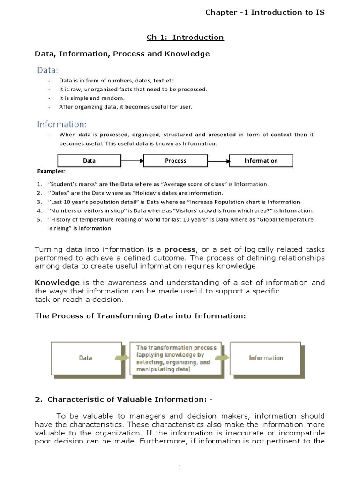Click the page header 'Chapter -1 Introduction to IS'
pos(265,12)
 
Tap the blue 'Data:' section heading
pos(48,70)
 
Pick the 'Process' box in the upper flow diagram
pos(175,161)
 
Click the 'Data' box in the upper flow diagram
pos(89,161)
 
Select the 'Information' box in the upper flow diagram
pos(261,161)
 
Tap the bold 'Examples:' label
pos(51,171)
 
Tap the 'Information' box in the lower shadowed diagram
pos(266,358)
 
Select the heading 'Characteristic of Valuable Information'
pos(127,400)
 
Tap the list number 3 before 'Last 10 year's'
pos(39,202)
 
